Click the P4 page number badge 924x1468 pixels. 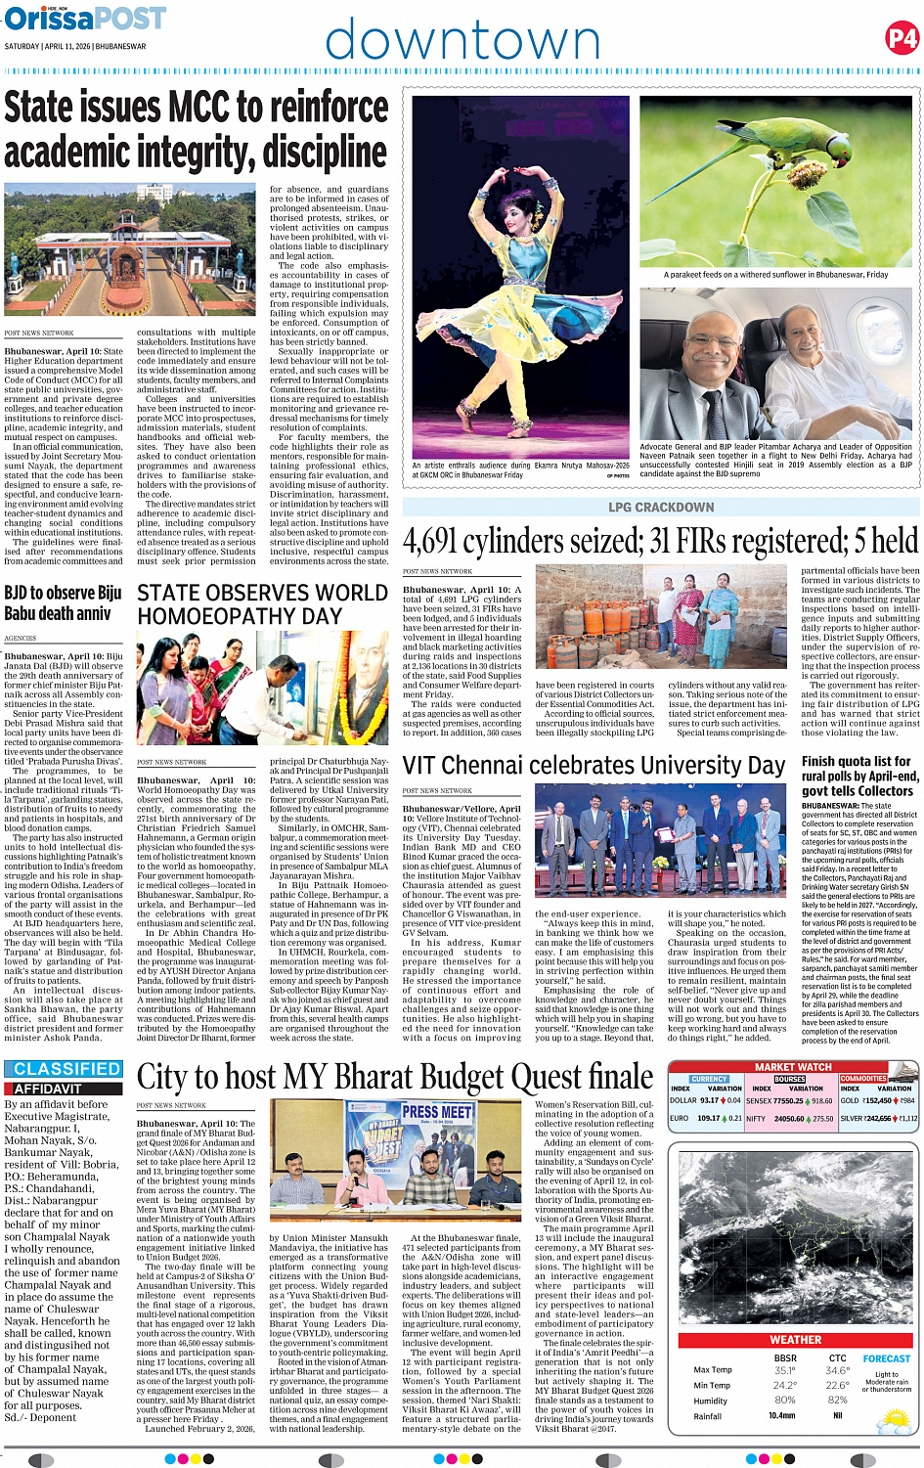pyautogui.click(x=902, y=39)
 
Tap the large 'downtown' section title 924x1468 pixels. pyautogui.click(x=462, y=42)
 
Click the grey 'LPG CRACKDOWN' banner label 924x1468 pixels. pyautogui.click(x=661, y=508)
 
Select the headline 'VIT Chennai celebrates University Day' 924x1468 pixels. pyautogui.click(x=594, y=766)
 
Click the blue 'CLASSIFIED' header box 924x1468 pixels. pyautogui.click(x=67, y=1070)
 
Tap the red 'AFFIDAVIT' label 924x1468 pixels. pyautogui.click(x=48, y=1089)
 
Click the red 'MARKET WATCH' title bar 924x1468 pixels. pyautogui.click(x=793, y=1067)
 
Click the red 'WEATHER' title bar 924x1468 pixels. pyautogui.click(x=795, y=1340)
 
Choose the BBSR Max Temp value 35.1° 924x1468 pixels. pyautogui.click(x=784, y=1371)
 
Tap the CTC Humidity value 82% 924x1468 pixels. pyautogui.click(x=837, y=1401)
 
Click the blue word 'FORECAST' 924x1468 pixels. pyautogui.click(x=886, y=1358)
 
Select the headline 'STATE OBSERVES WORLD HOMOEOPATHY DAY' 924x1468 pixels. pyautogui.click(x=262, y=604)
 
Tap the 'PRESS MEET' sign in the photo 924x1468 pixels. pyautogui.click(x=436, y=1112)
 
